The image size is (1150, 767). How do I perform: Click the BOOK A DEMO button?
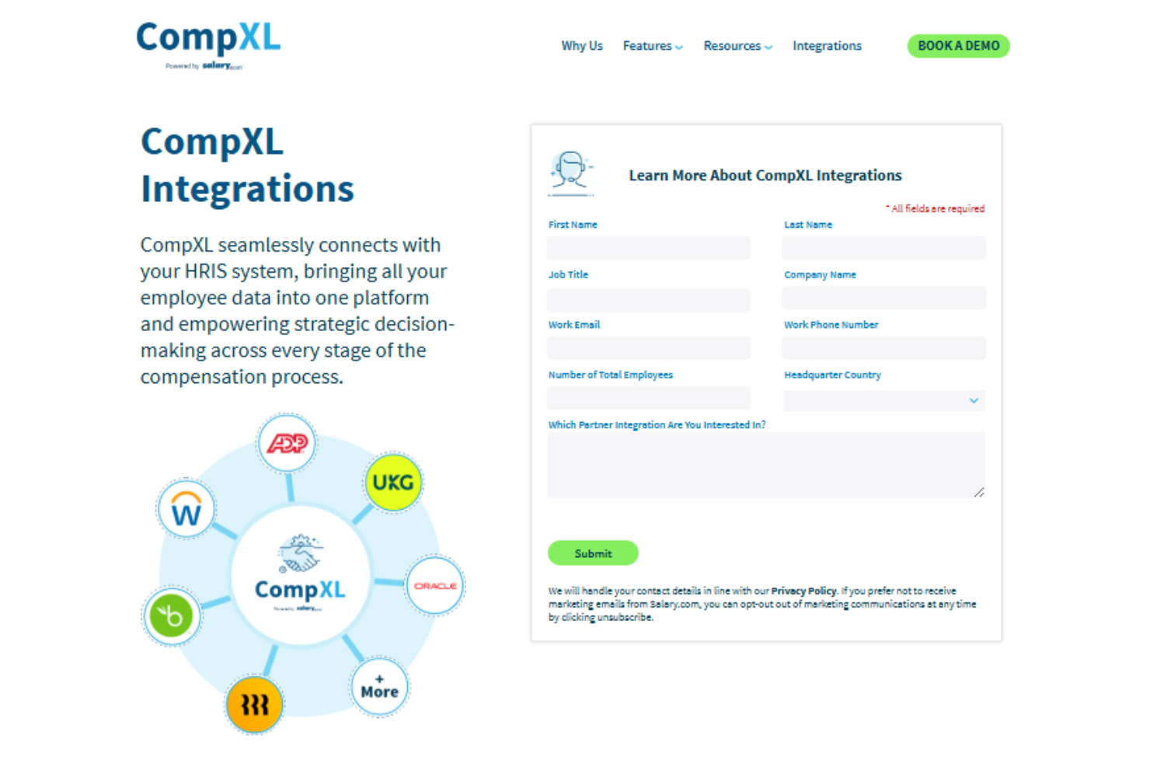pyautogui.click(x=958, y=46)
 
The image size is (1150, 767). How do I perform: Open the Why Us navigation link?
pyautogui.click(x=582, y=46)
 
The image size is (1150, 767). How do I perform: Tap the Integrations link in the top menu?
pyautogui.click(x=827, y=46)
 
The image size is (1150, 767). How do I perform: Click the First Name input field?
pyautogui.click(x=649, y=248)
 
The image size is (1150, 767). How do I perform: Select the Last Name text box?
pyautogui.click(x=883, y=248)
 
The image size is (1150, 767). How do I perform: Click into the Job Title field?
pyautogui.click(x=649, y=299)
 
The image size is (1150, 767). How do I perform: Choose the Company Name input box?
pyautogui.click(x=883, y=298)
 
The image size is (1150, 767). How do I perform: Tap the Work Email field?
pyautogui.click(x=649, y=348)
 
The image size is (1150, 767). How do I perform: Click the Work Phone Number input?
pyautogui.click(x=883, y=348)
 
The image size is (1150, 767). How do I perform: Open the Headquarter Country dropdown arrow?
pyautogui.click(x=973, y=400)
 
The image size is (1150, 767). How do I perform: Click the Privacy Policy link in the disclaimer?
pyautogui.click(x=803, y=591)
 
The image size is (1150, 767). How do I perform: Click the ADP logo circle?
pyautogui.click(x=287, y=444)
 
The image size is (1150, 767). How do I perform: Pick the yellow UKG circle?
pyautogui.click(x=393, y=483)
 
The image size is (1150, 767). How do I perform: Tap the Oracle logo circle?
pyautogui.click(x=435, y=586)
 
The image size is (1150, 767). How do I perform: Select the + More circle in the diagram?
pyautogui.click(x=379, y=688)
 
